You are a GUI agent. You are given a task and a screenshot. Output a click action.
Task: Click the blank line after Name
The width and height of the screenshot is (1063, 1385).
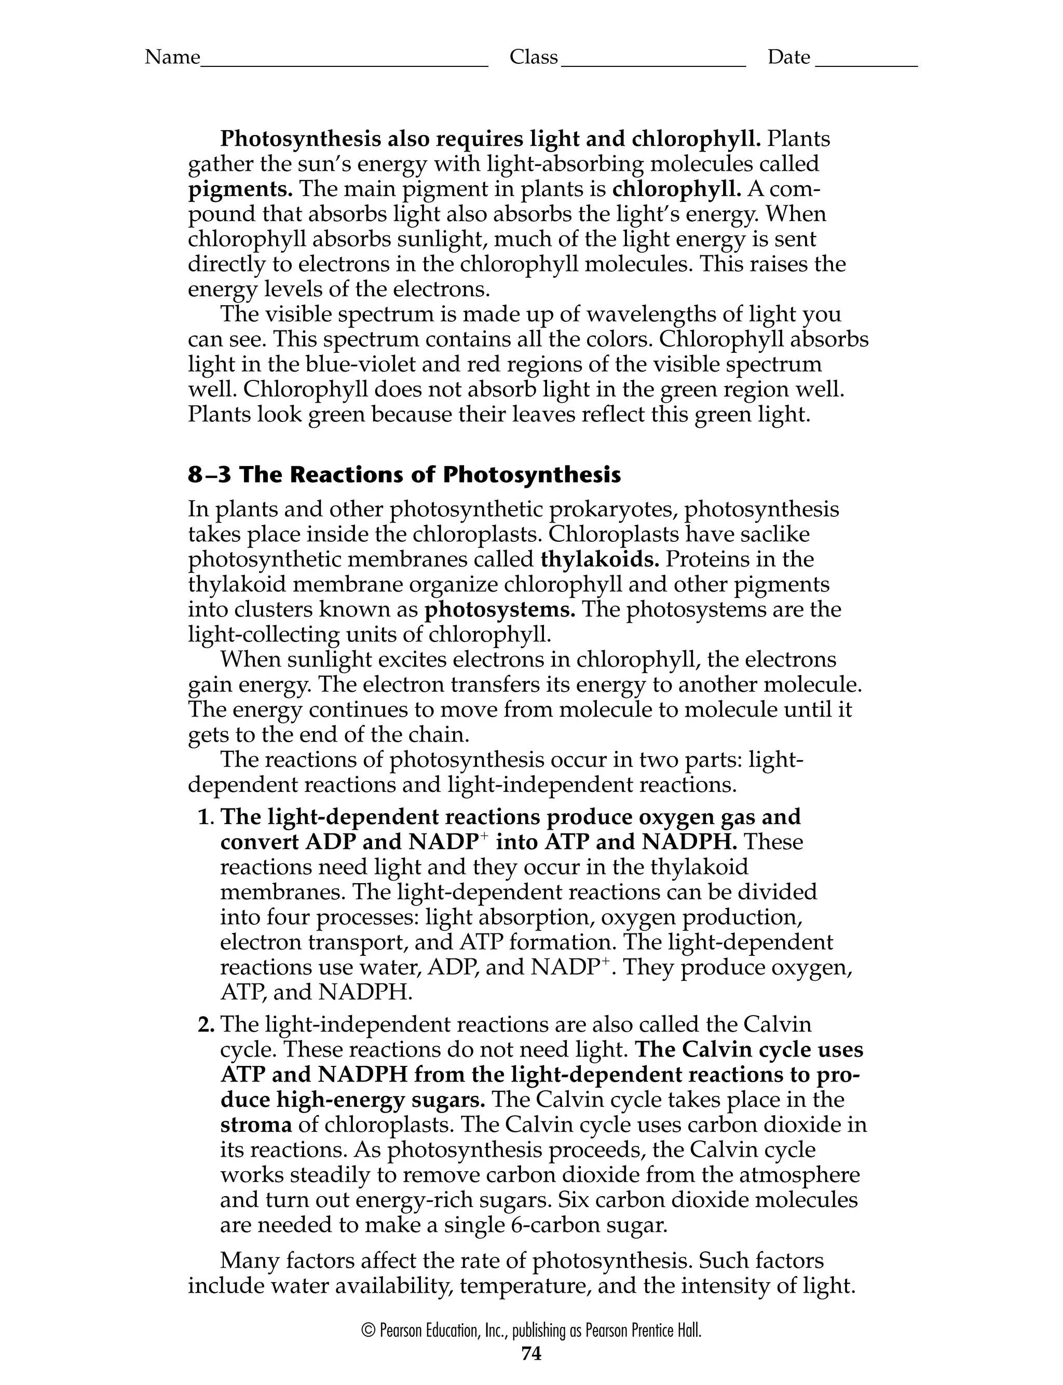pyautogui.click(x=344, y=63)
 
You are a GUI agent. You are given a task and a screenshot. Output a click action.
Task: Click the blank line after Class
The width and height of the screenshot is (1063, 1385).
pyautogui.click(x=653, y=63)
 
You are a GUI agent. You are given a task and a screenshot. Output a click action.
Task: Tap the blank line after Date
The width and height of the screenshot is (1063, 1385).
pyautogui.click(x=866, y=63)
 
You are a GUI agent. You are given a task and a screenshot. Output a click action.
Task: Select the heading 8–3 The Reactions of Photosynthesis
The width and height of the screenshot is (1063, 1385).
pyautogui.click(x=404, y=475)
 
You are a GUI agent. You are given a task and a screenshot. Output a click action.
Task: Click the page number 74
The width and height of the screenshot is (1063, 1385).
pyautogui.click(x=531, y=1353)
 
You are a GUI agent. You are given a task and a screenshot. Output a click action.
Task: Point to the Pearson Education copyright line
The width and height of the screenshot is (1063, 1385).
pyautogui.click(x=531, y=1331)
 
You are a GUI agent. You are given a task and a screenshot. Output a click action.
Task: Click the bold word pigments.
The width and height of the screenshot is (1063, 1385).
pyautogui.click(x=240, y=189)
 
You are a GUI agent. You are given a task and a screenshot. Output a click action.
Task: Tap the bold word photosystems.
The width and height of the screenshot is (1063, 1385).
pyautogui.click(x=500, y=610)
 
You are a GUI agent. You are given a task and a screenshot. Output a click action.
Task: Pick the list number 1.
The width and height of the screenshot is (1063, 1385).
pyautogui.click(x=205, y=818)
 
